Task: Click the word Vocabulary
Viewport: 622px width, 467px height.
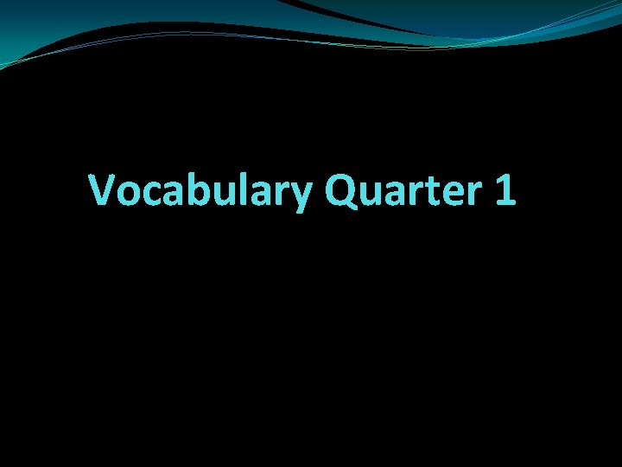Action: pos(200,190)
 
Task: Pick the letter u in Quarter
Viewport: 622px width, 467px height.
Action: pos(373,194)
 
